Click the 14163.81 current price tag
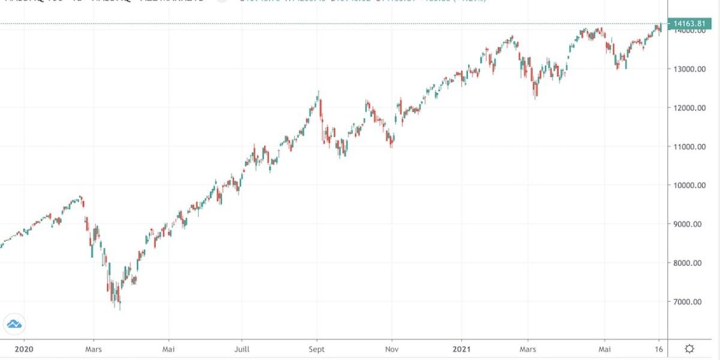coord(691,24)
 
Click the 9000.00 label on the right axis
coord(689,224)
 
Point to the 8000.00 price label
coord(689,263)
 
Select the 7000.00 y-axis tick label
coord(689,302)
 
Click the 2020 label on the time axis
coord(23,349)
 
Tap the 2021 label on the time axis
coord(461,349)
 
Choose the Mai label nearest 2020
coord(169,349)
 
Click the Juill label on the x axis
coord(241,349)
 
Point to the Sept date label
coord(317,349)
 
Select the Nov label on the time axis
coord(391,349)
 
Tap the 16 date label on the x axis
coord(658,349)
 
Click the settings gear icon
coord(690,349)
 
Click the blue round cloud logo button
coord(14,324)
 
